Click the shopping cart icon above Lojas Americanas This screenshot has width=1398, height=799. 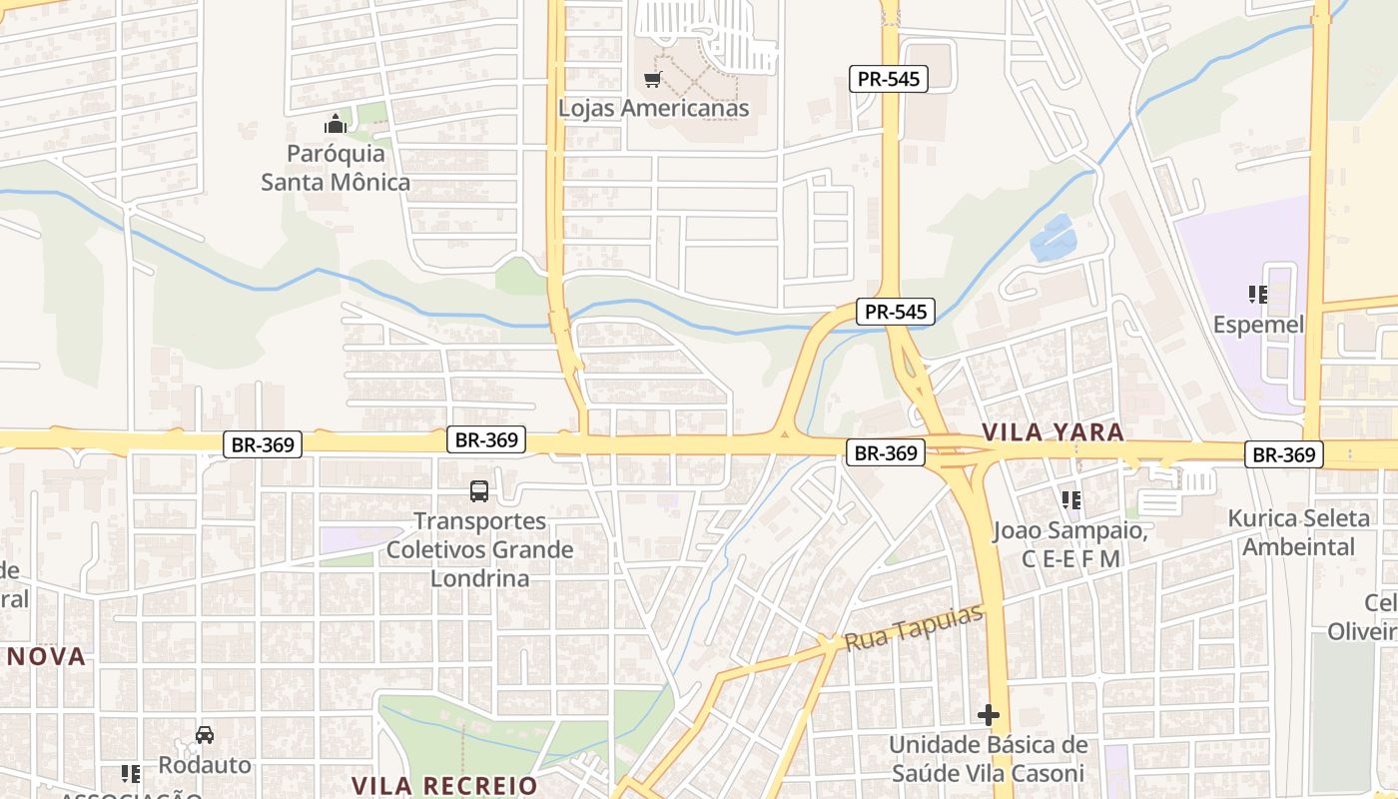coord(653,79)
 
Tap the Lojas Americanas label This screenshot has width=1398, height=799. coord(653,108)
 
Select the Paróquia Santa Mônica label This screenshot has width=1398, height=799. coord(336,168)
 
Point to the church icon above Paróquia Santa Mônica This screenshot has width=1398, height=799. coord(335,125)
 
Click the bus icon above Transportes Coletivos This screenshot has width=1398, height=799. coord(479,490)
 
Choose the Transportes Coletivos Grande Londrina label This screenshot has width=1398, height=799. coord(479,549)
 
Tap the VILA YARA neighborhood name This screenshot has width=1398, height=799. coord(1052,432)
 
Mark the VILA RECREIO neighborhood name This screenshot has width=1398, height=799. coord(444,785)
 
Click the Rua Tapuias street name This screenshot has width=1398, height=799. coord(914,627)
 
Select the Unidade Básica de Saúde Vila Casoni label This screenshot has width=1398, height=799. coord(988,759)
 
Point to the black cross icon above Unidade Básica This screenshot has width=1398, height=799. coord(989,715)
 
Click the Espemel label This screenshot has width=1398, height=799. coord(1258,325)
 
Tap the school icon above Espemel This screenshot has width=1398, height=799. coord(1258,295)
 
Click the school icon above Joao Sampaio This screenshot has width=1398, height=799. coord(1071,499)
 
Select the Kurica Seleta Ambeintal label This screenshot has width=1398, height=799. coord(1298,532)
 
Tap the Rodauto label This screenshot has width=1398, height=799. coord(205,765)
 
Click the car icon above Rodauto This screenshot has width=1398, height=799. coord(205,735)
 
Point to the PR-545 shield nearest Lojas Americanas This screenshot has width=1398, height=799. coord(889,79)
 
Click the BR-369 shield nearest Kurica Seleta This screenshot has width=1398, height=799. coord(1284,455)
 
